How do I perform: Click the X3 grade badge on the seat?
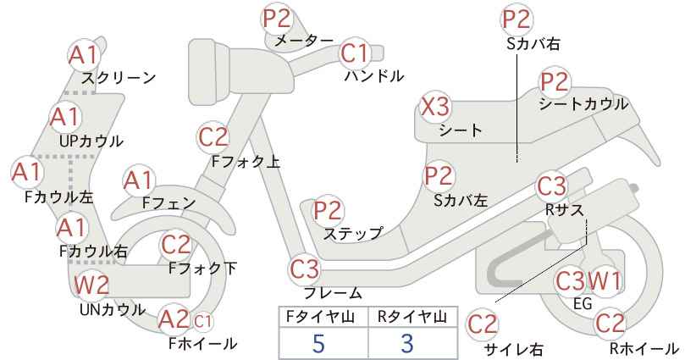pyautogui.click(x=435, y=107)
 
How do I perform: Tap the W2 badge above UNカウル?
pyautogui.click(x=91, y=285)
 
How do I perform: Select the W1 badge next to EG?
pyautogui.click(x=604, y=281)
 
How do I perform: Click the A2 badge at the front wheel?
pyautogui.click(x=174, y=319)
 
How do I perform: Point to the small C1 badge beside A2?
pyautogui.click(x=202, y=322)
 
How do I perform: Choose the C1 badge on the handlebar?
pyautogui.click(x=355, y=53)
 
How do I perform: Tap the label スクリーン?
pyautogui.click(x=119, y=78)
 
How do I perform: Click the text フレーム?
pyautogui.click(x=333, y=292)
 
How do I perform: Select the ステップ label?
pyautogui.click(x=353, y=234)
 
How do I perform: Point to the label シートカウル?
pyautogui.click(x=583, y=104)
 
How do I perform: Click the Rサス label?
pyautogui.click(x=565, y=209)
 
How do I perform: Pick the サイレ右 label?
pyautogui.click(x=514, y=349)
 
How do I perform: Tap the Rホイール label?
pyautogui.click(x=644, y=348)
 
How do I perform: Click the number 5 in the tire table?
pyautogui.click(x=318, y=343)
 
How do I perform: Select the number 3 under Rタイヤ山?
pyautogui.click(x=406, y=343)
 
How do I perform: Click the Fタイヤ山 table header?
pyautogui.click(x=320, y=317)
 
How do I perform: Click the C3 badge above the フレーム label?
pyautogui.click(x=305, y=269)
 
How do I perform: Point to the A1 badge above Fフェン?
pyautogui.click(x=139, y=181)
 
